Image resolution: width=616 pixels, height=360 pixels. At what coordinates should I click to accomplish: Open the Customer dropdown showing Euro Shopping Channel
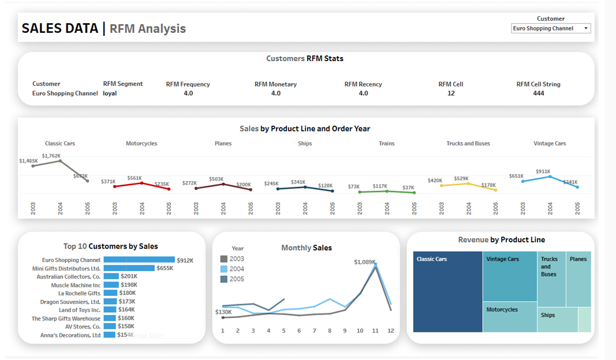tap(551, 28)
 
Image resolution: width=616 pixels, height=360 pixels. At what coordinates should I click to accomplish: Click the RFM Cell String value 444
tap(538, 93)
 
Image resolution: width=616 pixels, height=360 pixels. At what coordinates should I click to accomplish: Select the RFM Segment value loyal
tap(110, 93)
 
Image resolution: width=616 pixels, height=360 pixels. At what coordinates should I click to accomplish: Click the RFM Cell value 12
tap(450, 93)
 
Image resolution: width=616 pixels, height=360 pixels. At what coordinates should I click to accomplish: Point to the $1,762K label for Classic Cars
tap(51, 156)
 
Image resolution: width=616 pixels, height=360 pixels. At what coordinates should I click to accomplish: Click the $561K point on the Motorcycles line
tap(142, 183)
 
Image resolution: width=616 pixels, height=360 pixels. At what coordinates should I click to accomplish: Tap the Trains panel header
tap(386, 144)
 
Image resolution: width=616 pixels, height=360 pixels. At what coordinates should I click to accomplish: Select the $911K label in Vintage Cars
tap(543, 171)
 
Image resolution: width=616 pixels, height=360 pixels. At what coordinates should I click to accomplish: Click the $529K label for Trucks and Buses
tap(461, 179)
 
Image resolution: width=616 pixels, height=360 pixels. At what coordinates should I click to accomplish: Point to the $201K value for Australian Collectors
tap(129, 277)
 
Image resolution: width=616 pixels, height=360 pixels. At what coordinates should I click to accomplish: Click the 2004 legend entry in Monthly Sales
tap(237, 269)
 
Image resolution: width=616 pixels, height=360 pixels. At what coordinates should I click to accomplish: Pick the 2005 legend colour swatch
tap(224, 279)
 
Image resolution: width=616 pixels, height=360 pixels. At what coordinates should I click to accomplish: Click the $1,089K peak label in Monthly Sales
tap(364, 262)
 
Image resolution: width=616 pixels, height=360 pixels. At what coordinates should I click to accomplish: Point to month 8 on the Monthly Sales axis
tap(329, 331)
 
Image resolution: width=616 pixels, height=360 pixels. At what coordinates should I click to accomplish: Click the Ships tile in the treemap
tap(557, 320)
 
